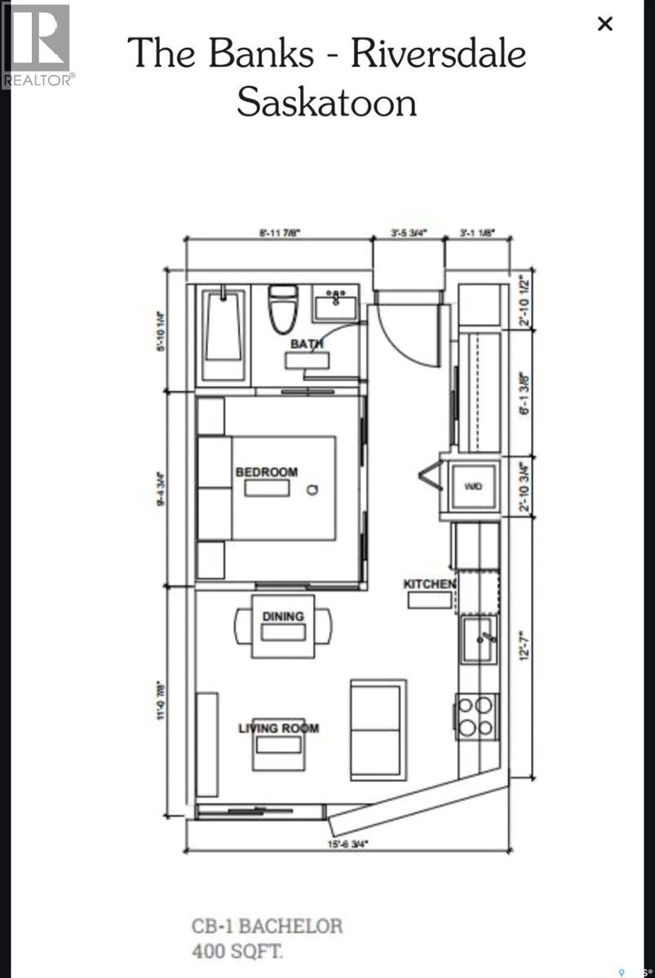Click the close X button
pyautogui.click(x=604, y=24)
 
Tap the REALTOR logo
pyautogui.click(x=37, y=45)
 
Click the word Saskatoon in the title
pyautogui.click(x=326, y=103)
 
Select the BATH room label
pyautogui.click(x=307, y=344)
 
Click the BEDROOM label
pyautogui.click(x=267, y=472)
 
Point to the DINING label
pyautogui.click(x=283, y=616)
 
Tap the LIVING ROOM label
pyautogui.click(x=278, y=728)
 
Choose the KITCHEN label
pyautogui.click(x=429, y=584)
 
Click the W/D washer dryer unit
pyautogui.click(x=474, y=487)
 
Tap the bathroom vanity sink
pyautogui.click(x=336, y=305)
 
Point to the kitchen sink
pyautogui.click(x=479, y=640)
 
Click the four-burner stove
pyautogui.click(x=476, y=716)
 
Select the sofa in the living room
pyautogui.click(x=378, y=728)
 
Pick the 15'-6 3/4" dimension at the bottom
pyautogui.click(x=347, y=844)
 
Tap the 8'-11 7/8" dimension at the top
pyautogui.click(x=279, y=232)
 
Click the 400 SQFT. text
pyautogui.click(x=238, y=950)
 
